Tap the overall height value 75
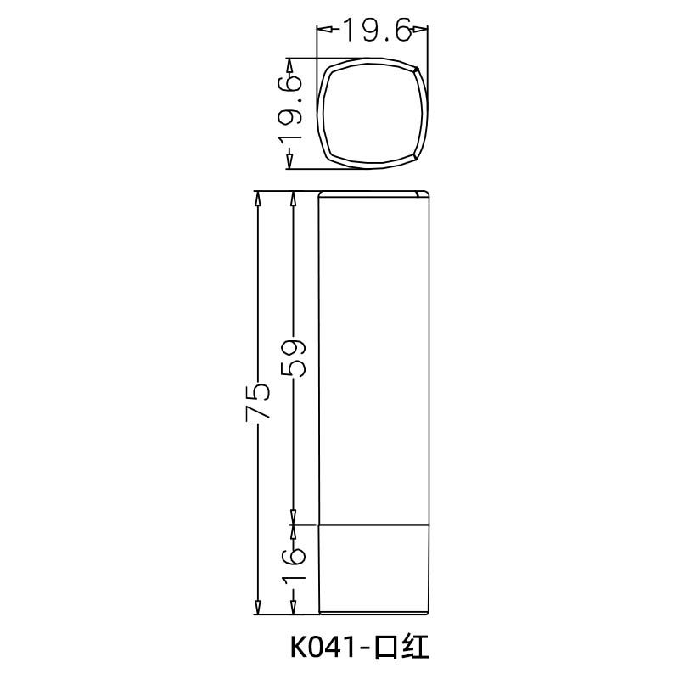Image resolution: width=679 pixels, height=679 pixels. [x=258, y=401]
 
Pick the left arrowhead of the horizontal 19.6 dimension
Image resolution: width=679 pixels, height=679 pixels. [x=323, y=31]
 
